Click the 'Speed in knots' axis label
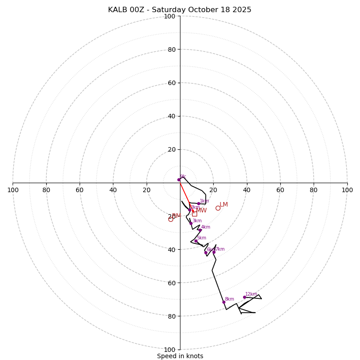coord(180,356)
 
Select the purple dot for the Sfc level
coord(179,180)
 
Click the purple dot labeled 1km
coord(198,203)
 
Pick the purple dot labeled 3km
coord(191,223)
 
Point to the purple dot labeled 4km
coord(200,230)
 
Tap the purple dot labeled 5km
coord(196,241)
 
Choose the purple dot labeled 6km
coord(206,252)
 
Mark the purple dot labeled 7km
coord(214,252)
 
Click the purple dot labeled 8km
coord(224,302)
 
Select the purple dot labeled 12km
coord(244,297)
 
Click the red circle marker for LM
coord(218,208)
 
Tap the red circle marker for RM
coord(171,219)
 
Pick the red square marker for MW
coord(194,213)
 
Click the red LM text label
coord(224,205)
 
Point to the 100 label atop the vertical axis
coord(170,16)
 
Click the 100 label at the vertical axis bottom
coord(170,350)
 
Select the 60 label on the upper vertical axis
coord(171,83)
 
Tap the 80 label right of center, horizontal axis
coord(314,190)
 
